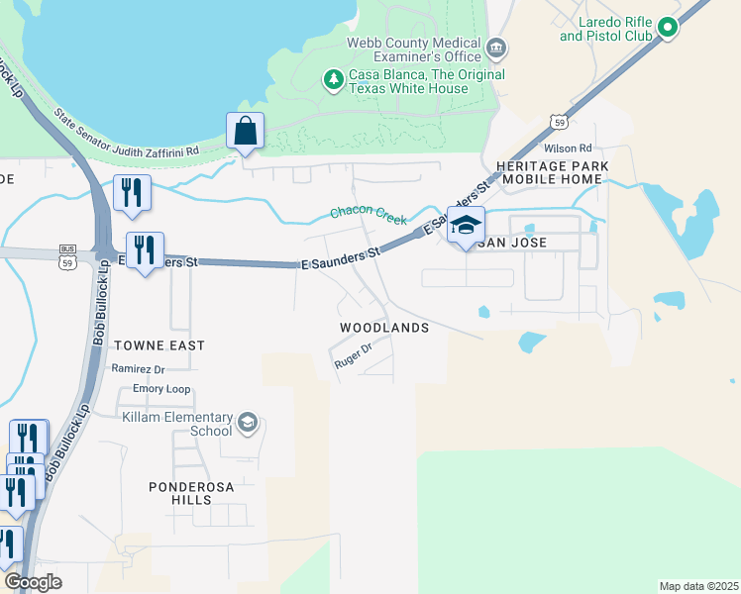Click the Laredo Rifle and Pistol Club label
606,28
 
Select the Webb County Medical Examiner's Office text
413,49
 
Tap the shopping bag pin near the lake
244,133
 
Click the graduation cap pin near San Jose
465,227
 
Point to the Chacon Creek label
369,215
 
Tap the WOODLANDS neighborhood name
384,328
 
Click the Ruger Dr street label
353,356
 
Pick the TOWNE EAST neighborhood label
159,346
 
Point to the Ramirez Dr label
138,368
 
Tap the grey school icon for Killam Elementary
247,424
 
